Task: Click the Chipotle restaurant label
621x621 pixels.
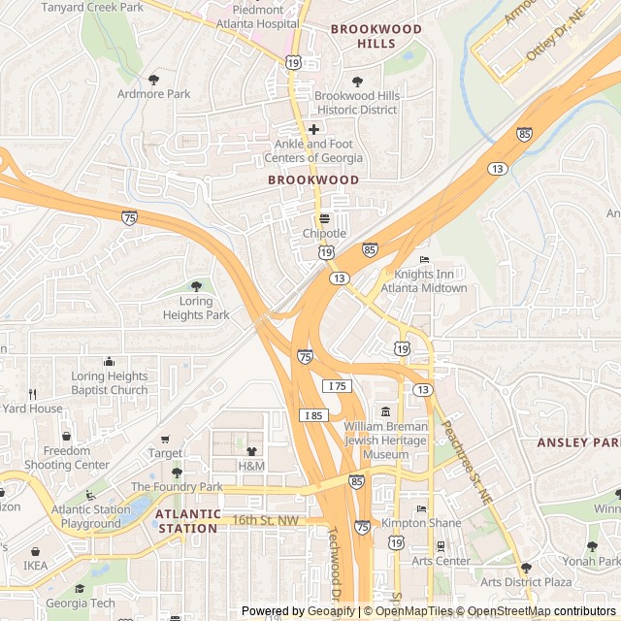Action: [x=324, y=234]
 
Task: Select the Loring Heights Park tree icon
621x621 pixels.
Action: [x=197, y=286]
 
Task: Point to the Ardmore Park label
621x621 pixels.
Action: [x=153, y=94]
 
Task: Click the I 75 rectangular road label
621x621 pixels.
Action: [x=337, y=386]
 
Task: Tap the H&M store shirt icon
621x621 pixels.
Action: [x=251, y=451]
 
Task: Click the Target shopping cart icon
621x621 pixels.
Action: [x=165, y=440]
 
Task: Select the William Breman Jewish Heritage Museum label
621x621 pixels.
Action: [x=385, y=441]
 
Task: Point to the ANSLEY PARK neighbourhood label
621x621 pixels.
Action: [x=577, y=442]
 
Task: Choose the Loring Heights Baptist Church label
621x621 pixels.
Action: [x=109, y=383]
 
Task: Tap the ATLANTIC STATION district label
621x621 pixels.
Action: [x=187, y=521]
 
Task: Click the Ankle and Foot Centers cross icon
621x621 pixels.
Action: [x=313, y=129]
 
